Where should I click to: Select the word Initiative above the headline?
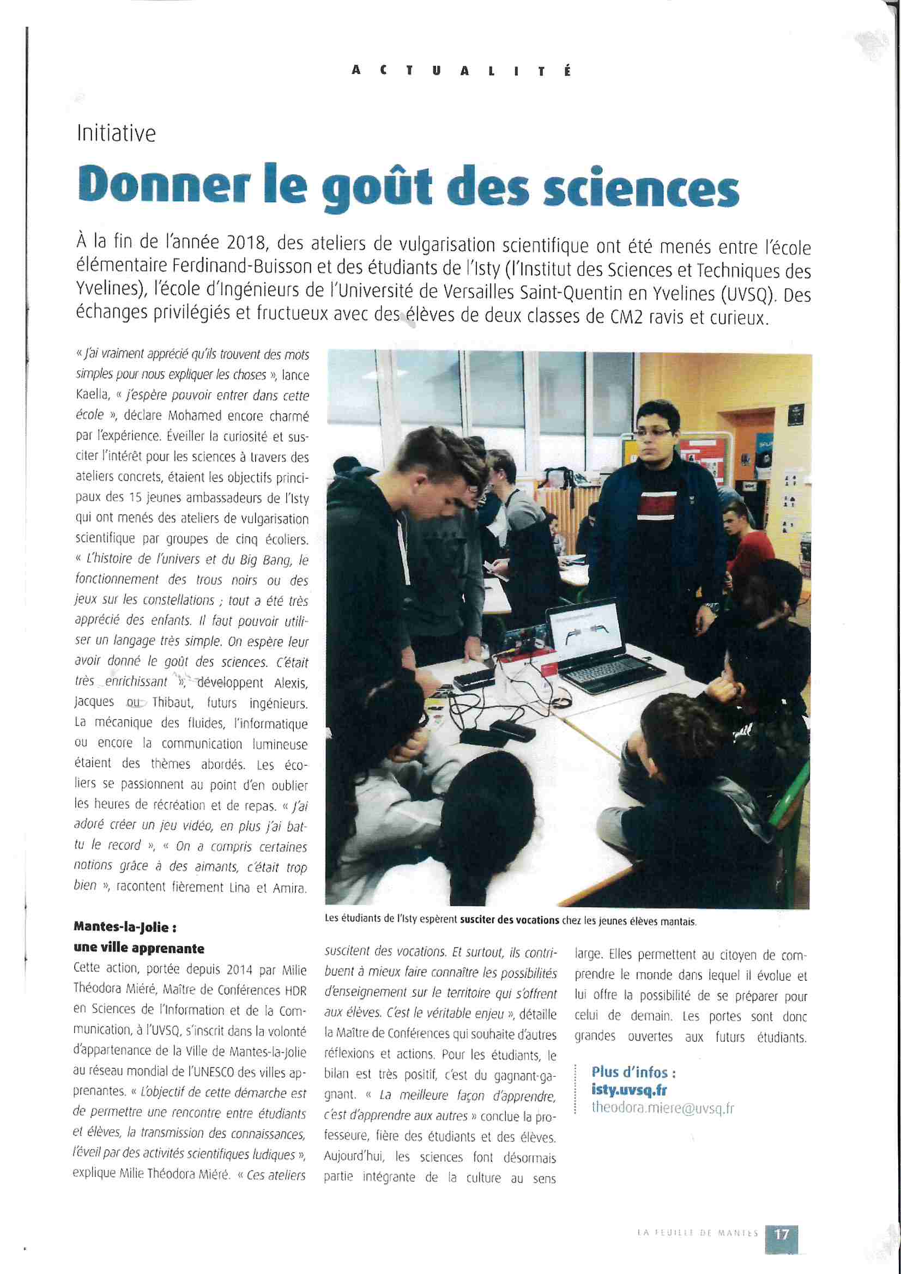tap(116, 134)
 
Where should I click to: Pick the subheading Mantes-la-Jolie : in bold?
tap(125, 927)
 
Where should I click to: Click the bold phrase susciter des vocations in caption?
tap(509, 920)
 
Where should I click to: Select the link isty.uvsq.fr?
tap(628, 1090)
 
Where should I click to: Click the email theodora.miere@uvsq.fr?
tap(662, 1108)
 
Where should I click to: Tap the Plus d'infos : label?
tap(633, 1072)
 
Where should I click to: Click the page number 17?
tap(782, 1234)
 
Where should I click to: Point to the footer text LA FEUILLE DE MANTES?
tap(697, 1233)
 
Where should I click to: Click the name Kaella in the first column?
tap(92, 395)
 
